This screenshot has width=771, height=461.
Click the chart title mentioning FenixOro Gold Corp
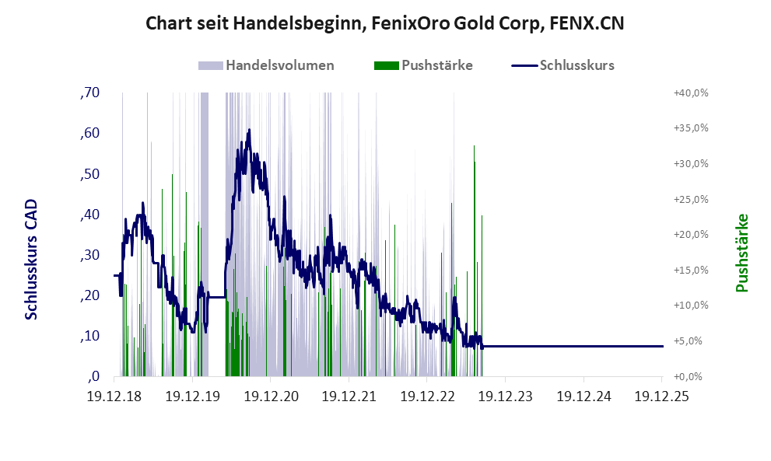coord(385,24)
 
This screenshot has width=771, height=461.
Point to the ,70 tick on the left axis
coord(89,93)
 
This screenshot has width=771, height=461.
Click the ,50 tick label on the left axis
coord(89,174)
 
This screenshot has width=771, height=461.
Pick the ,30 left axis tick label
coord(89,255)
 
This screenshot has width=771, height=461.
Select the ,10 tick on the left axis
coord(89,336)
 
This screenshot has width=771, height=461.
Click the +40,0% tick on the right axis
coord(690,93)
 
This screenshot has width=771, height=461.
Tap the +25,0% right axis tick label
coord(690,199)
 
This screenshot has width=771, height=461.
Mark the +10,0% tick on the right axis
coord(690,306)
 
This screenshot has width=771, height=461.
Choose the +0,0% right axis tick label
coord(692,376)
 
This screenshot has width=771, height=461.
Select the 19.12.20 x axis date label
coord(271,396)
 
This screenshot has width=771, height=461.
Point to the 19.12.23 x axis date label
coord(504,396)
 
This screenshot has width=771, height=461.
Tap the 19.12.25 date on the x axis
coord(661,396)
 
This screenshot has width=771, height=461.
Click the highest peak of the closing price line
coord(249,130)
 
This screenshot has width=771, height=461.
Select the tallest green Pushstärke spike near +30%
coord(475,163)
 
